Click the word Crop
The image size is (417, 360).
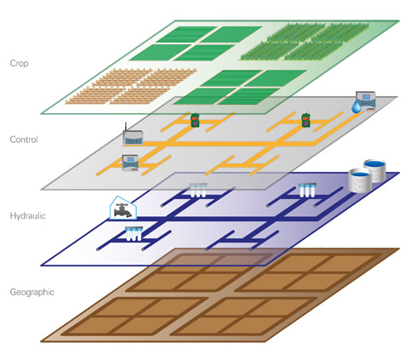(19, 63)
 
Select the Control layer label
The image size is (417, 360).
(24, 140)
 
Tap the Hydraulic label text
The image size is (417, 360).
(28, 215)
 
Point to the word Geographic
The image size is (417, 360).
(32, 292)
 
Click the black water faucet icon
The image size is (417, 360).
(123, 211)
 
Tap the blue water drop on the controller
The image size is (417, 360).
(357, 107)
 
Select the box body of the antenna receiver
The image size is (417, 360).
(133, 138)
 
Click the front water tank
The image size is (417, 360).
(360, 180)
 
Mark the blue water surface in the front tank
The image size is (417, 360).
(360, 174)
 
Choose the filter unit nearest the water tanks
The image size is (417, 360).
(307, 191)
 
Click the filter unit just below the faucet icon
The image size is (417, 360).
(134, 234)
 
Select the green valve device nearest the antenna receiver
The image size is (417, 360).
(195, 120)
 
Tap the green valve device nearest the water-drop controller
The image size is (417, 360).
(306, 120)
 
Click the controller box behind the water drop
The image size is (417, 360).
(366, 100)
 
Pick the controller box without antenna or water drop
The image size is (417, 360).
(130, 163)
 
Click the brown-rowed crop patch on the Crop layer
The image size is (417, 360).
(131, 86)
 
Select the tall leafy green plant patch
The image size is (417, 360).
(304, 42)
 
